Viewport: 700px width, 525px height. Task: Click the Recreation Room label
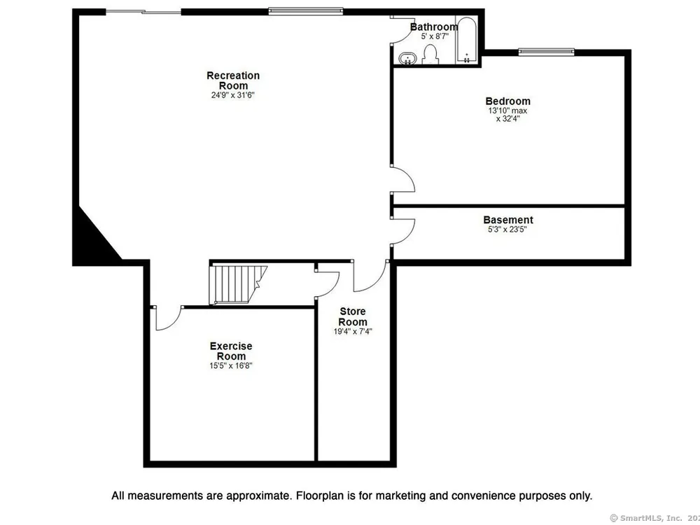(233, 80)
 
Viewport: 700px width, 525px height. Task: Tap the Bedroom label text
(508, 101)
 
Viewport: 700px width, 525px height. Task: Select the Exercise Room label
(231, 351)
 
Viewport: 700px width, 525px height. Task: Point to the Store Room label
(353, 316)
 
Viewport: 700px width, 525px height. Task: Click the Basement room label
(508, 220)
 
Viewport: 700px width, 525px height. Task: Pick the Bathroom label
(434, 27)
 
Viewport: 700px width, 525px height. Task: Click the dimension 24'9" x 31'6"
(232, 95)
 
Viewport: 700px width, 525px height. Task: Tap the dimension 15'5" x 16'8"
(231, 365)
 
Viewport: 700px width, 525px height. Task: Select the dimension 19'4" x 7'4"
(353, 331)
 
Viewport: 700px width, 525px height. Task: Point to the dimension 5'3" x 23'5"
(508, 230)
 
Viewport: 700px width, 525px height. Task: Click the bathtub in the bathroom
(467, 40)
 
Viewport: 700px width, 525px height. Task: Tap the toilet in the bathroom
(430, 55)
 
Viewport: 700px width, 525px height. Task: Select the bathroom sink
(407, 59)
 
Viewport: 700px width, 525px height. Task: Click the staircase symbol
(238, 285)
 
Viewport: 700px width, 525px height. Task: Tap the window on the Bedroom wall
(547, 52)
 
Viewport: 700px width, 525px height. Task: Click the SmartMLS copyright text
(654, 518)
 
